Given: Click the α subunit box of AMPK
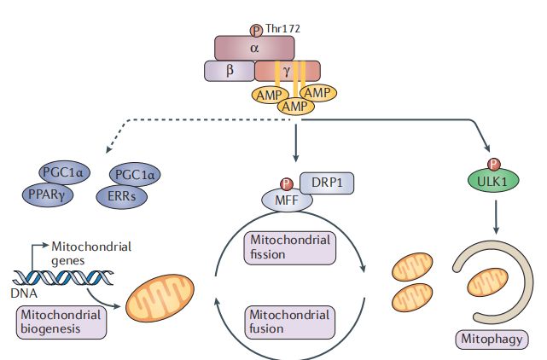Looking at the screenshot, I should point(254,48).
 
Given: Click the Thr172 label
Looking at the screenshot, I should point(283,28).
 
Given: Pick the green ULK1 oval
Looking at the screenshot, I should point(492,181).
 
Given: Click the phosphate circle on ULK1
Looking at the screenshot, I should point(492,164).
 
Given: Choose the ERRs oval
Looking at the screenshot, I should point(126,195).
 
